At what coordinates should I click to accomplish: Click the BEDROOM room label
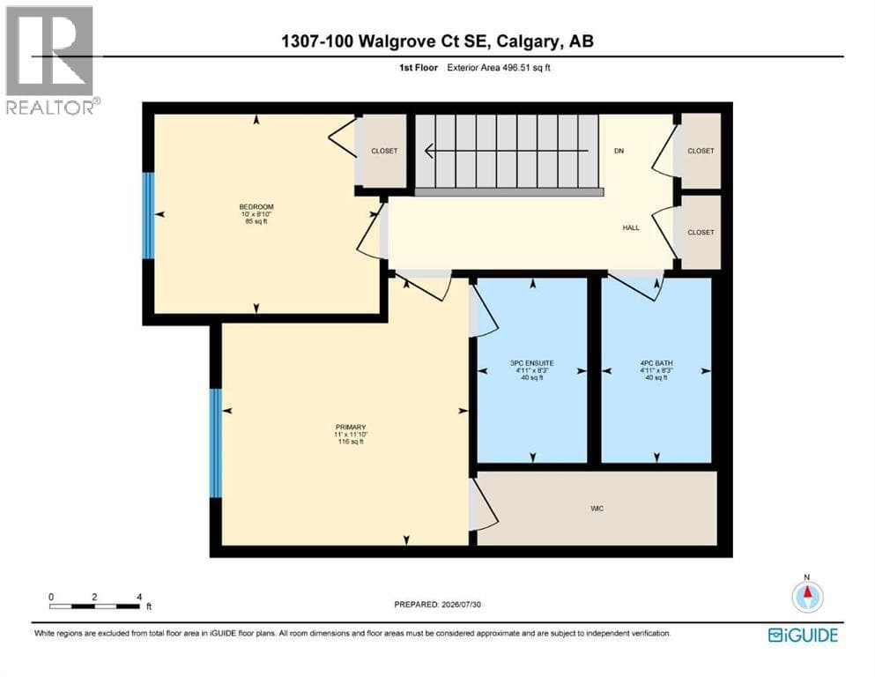[256, 207]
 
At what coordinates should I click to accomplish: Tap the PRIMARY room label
[351, 427]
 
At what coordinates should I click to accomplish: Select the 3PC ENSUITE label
[532, 363]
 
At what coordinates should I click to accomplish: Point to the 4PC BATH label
[656, 363]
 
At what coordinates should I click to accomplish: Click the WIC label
[597, 509]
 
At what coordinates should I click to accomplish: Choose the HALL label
[631, 227]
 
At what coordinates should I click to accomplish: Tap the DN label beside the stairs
[619, 151]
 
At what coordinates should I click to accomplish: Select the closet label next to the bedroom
[384, 151]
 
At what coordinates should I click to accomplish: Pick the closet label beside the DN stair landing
[701, 151]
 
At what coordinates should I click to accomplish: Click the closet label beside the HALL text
[701, 232]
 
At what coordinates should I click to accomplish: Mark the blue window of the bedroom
[148, 215]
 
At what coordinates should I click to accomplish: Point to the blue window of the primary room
[215, 443]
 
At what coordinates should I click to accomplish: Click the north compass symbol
[807, 596]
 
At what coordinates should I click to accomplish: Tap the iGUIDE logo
[803, 636]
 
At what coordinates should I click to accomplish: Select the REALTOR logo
[51, 60]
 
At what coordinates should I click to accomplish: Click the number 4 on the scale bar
[139, 597]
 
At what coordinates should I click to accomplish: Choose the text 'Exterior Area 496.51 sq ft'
[499, 68]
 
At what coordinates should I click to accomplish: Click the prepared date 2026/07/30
[461, 605]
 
